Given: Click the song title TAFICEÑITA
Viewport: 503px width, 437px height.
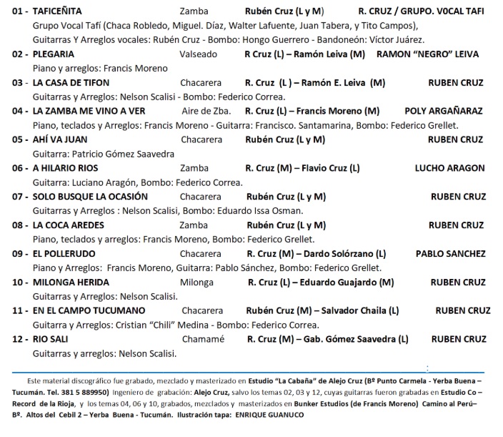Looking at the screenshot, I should click(58, 11).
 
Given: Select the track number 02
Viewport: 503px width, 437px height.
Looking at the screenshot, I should click(19, 54).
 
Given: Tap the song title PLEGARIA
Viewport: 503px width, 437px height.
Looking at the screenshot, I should click(54, 54).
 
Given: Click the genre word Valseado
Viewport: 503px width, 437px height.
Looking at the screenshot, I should click(197, 54).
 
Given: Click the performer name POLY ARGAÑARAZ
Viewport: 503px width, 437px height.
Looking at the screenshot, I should click(443, 111).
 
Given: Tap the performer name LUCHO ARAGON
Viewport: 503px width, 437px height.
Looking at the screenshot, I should click(449, 168).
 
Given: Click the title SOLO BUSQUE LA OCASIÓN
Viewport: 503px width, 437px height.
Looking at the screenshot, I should click(90, 196).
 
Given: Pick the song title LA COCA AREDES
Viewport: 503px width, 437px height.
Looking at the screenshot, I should click(69, 225).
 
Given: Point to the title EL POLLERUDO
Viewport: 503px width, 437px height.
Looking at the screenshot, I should click(64, 253).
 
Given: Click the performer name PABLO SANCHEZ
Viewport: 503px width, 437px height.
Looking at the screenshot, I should click(450, 253).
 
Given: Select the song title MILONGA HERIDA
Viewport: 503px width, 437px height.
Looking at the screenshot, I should click(71, 282).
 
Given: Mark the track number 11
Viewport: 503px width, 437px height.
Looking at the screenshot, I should click(19, 310).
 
